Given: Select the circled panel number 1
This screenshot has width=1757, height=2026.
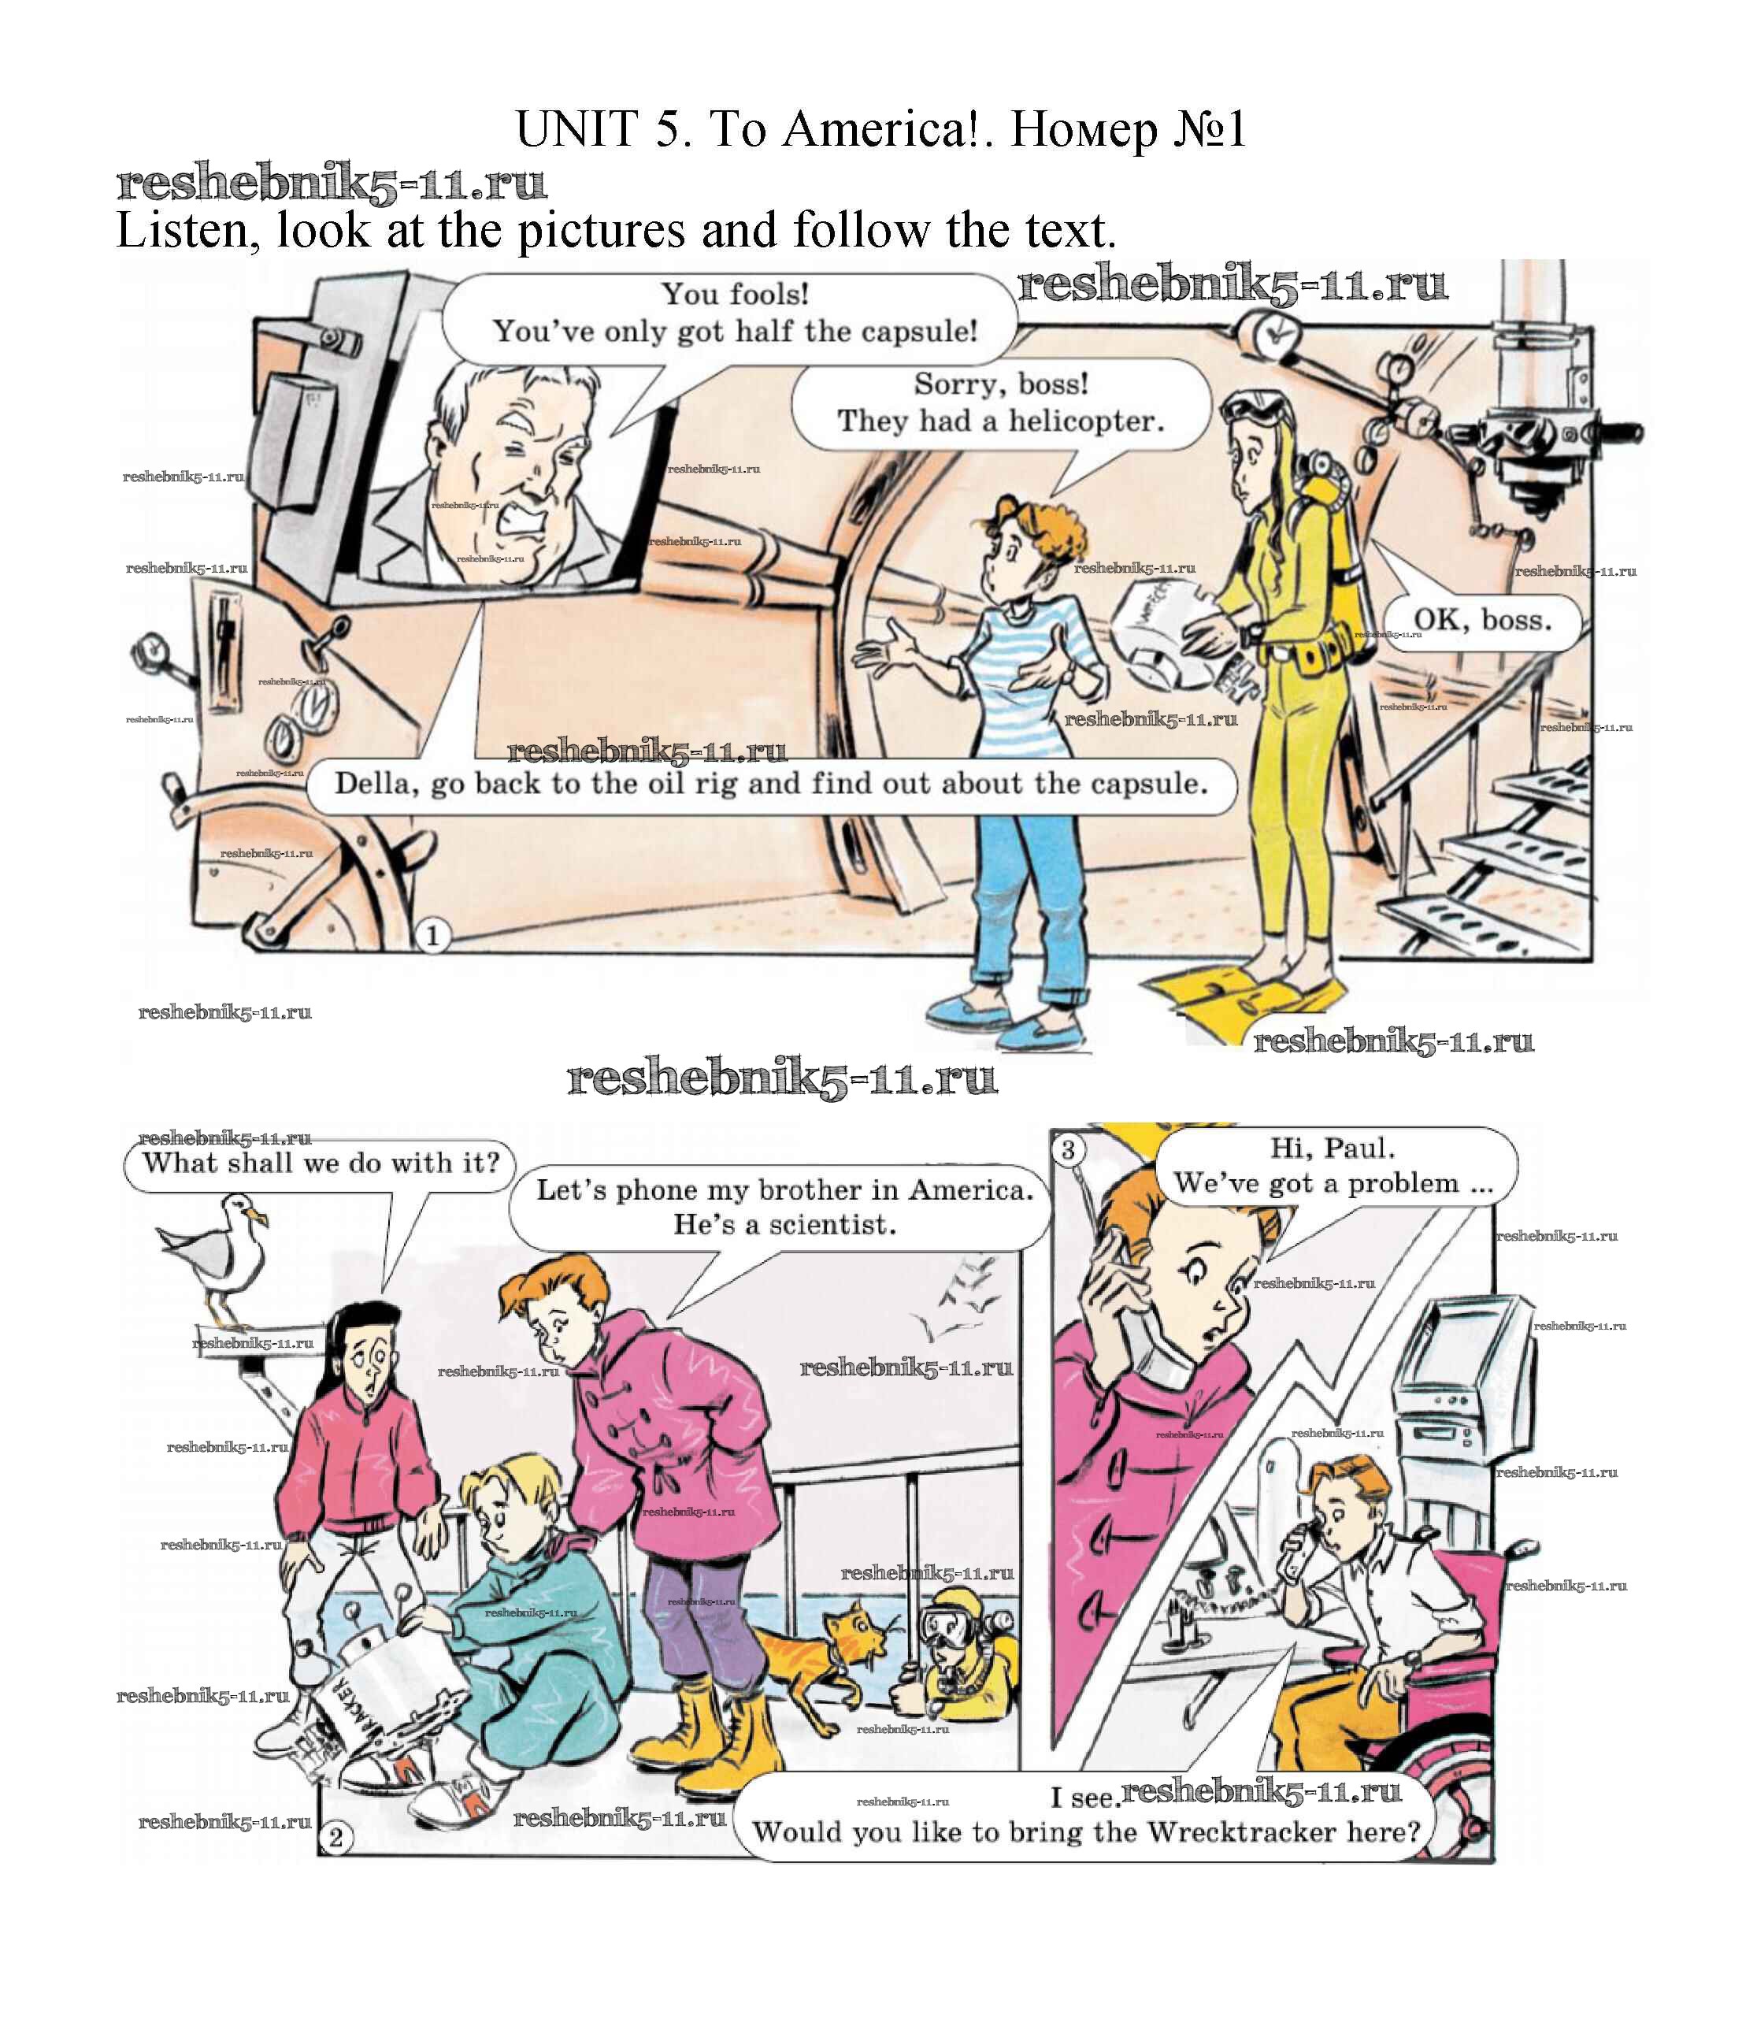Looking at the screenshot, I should pos(432,936).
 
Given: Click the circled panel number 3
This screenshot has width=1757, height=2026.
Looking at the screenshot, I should pos(1069,1149).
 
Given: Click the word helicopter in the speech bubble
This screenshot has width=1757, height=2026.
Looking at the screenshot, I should pos(1085,421).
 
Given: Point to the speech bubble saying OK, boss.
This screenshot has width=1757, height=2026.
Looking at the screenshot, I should pos(1481,621).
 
